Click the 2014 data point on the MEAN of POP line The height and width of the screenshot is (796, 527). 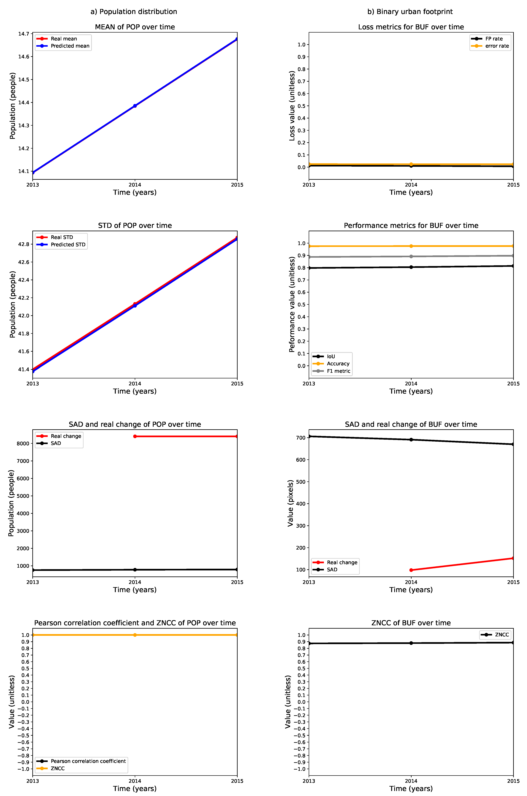coord(135,106)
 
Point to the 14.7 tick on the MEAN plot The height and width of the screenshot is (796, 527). coord(24,34)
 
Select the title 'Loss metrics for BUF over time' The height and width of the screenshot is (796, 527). coord(411,27)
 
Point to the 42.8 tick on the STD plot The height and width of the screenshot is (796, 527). coord(24,244)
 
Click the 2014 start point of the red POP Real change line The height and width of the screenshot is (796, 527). coord(135,436)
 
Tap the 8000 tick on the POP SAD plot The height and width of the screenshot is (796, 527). coord(23,443)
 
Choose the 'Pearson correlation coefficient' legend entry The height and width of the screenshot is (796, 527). coord(88,761)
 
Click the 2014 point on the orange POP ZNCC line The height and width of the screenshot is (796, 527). coord(135,635)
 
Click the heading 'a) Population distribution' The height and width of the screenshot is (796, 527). coord(134,12)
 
